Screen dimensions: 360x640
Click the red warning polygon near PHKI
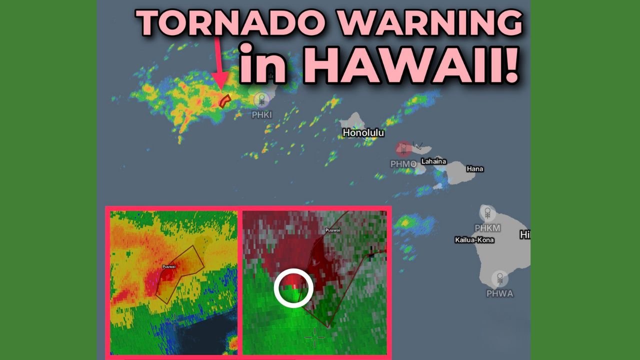pyautogui.click(x=225, y=101)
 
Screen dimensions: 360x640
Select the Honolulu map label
pyautogui.click(x=363, y=133)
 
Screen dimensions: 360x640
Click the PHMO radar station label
pyautogui.click(x=403, y=163)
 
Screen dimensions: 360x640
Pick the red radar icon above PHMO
pyautogui.click(x=403, y=149)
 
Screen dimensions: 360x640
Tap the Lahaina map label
pyautogui.click(x=433, y=161)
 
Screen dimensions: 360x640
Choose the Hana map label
pyautogui.click(x=474, y=169)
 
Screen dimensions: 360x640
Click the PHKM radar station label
pyautogui.click(x=487, y=228)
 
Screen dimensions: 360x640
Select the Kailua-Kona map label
pyautogui.click(x=474, y=240)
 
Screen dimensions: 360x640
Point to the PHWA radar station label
pyautogui.click(x=499, y=293)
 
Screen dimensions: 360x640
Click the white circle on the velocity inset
pyautogui.click(x=293, y=288)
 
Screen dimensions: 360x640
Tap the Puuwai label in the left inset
pyautogui.click(x=168, y=267)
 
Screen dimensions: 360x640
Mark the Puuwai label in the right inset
pyautogui.click(x=332, y=231)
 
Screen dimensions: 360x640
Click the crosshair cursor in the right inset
pyautogui.click(x=314, y=337)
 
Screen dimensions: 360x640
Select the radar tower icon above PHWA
pyautogui.click(x=499, y=278)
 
